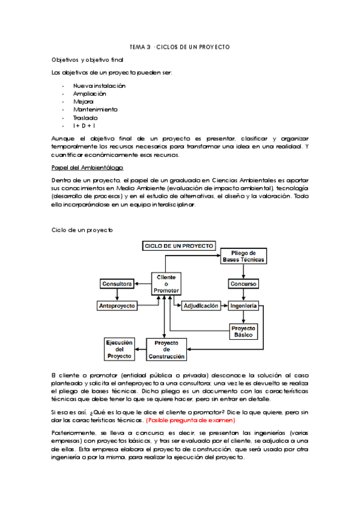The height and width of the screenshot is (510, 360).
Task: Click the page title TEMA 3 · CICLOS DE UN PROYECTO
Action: coord(180,47)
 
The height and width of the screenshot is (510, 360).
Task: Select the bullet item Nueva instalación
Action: coord(99,86)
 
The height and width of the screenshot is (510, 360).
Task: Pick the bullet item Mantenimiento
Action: coord(96,109)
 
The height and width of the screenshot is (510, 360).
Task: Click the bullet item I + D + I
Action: coord(85,126)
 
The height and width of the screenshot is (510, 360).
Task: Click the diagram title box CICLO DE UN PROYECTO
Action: coord(178,246)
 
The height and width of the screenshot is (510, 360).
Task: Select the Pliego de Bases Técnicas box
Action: coord(243,256)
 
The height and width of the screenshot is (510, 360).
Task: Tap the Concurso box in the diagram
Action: coord(243,283)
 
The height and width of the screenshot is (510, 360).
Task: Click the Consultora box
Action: coord(117,283)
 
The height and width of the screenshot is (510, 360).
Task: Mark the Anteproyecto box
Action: coord(117,306)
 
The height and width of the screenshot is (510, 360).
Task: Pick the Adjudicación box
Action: coord(201,306)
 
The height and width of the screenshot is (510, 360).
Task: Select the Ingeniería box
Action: coord(243,306)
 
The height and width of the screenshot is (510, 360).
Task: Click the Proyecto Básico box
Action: coord(243,331)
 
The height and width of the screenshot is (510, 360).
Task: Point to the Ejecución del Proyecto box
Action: coord(119,349)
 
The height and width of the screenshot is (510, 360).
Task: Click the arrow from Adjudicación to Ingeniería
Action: coord(224,306)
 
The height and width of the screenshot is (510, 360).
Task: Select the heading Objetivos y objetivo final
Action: coord(87,61)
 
